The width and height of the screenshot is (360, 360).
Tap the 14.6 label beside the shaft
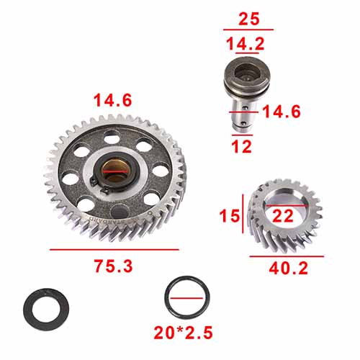(x=281, y=112)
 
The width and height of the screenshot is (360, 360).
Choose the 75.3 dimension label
(x=114, y=266)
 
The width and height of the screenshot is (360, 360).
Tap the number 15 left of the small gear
(x=230, y=215)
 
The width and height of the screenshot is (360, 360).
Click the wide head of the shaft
(x=243, y=79)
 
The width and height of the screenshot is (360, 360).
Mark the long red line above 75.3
(x=114, y=249)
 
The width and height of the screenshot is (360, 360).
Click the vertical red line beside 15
(x=243, y=215)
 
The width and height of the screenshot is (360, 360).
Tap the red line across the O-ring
(x=188, y=297)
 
